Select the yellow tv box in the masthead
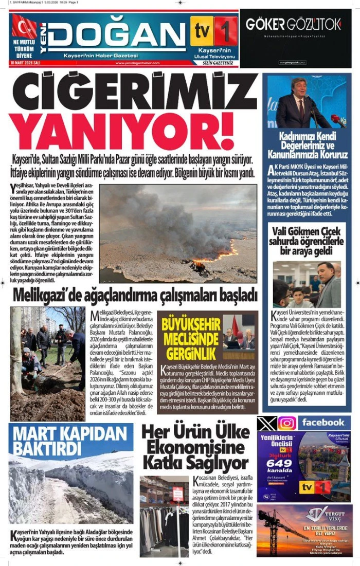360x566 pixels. point(202,31)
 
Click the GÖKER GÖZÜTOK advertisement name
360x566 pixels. point(293,24)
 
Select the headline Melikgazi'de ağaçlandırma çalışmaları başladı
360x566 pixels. point(135,296)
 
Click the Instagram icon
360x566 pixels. point(287,423)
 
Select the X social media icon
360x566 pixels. point(267,423)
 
